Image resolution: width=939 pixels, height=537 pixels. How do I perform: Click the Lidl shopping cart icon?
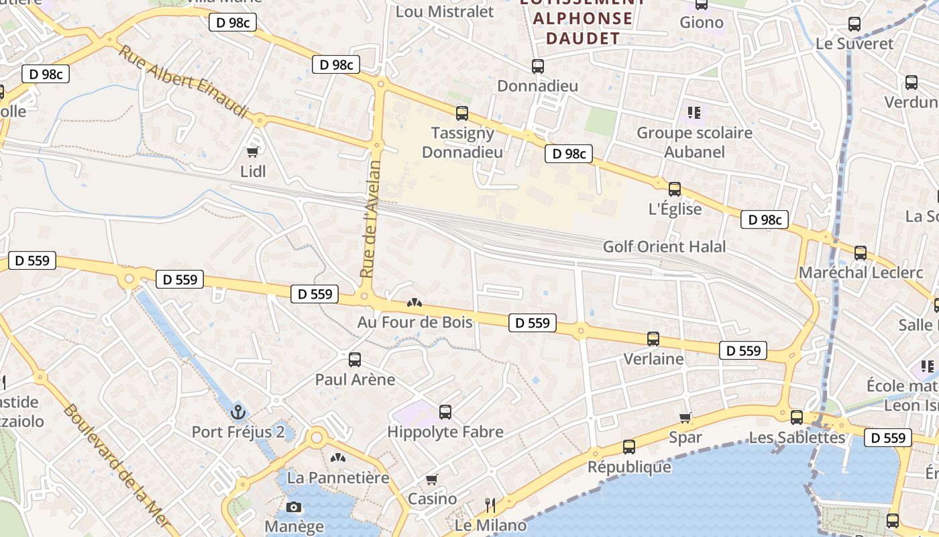(253, 152)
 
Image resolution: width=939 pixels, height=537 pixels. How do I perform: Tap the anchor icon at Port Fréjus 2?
(238, 411)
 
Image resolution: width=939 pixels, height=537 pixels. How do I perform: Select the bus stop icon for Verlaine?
(653, 339)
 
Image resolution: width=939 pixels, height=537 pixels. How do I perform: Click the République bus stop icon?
(629, 446)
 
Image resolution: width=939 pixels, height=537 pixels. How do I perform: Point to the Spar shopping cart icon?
(685, 418)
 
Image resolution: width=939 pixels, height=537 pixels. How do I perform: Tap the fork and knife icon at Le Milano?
(490, 504)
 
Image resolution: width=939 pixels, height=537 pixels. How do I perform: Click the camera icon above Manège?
(293, 507)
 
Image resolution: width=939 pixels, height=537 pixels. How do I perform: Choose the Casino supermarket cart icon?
(432, 479)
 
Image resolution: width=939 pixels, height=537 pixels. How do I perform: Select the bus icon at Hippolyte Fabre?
(445, 412)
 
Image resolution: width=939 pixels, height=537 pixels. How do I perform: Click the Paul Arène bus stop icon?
(355, 360)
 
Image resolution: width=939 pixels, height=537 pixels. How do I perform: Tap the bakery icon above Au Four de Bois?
(415, 303)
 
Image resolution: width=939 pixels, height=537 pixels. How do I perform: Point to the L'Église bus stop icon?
(675, 189)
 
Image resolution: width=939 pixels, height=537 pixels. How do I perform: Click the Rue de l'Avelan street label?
(370, 219)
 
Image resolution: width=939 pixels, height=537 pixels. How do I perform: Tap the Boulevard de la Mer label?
(119, 467)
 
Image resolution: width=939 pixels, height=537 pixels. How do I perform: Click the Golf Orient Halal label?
(664, 246)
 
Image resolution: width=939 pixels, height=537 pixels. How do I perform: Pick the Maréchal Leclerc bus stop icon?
(861, 253)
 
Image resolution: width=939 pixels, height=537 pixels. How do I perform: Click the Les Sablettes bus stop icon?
(797, 418)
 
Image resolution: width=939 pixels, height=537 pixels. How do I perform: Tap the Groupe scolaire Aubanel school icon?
(694, 112)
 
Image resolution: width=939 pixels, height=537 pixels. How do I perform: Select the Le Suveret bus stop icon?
(854, 24)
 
